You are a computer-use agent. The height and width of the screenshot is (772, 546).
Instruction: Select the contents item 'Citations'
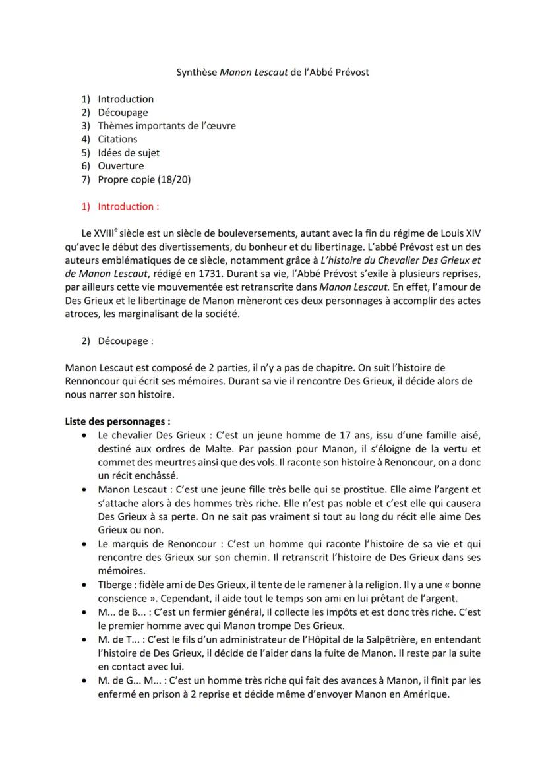click(117, 139)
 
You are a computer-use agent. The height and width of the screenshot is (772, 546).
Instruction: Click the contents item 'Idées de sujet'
click(129, 152)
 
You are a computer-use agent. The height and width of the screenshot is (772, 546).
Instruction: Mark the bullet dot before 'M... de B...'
click(82, 612)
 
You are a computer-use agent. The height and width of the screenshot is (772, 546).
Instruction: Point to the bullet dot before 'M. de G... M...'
click(82, 681)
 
